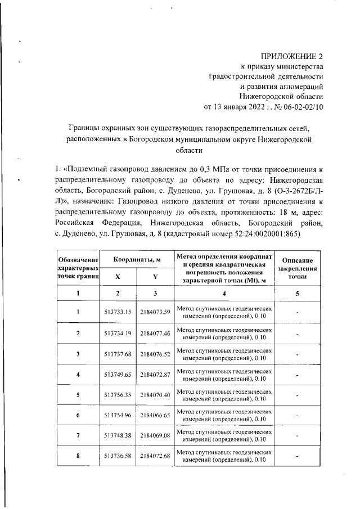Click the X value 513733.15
click(x=117, y=312)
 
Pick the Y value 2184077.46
click(x=155, y=333)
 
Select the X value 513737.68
click(x=117, y=354)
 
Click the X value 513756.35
click(x=117, y=395)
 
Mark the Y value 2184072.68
click(x=155, y=457)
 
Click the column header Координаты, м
click(x=137, y=260)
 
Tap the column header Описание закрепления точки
click(x=297, y=269)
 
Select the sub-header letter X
click(x=118, y=277)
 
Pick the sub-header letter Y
click(x=155, y=277)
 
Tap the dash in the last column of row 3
click(x=297, y=354)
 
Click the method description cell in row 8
click(x=224, y=457)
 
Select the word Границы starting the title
click(x=84, y=128)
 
